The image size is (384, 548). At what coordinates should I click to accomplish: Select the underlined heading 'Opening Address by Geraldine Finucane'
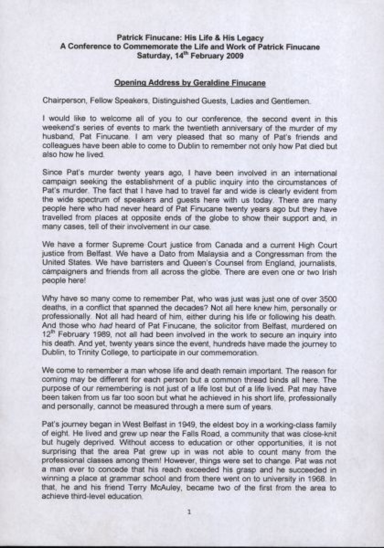pos(190,83)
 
